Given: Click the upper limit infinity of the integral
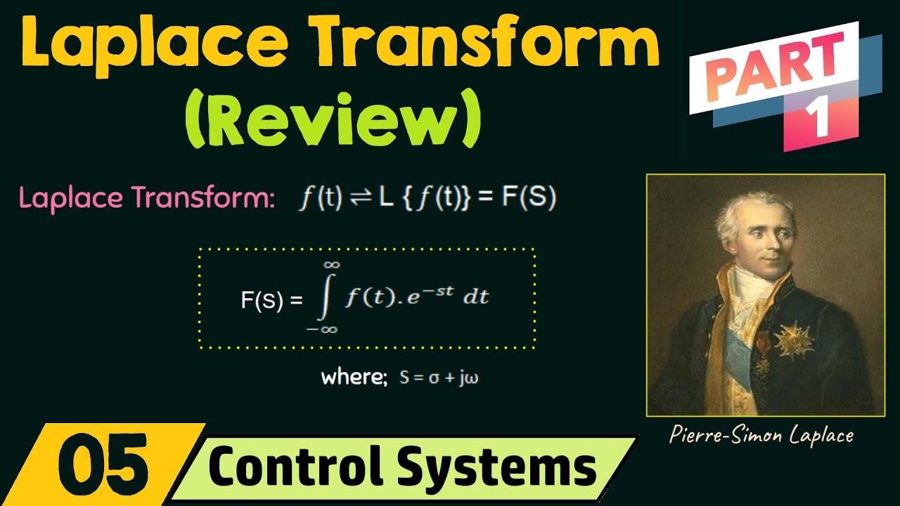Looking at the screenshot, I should tap(332, 264).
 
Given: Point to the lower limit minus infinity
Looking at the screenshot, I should tap(323, 328).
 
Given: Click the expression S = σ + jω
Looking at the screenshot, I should tap(439, 378).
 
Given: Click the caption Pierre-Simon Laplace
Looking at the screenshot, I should tap(761, 435).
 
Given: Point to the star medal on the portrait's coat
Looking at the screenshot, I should tap(793, 342).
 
